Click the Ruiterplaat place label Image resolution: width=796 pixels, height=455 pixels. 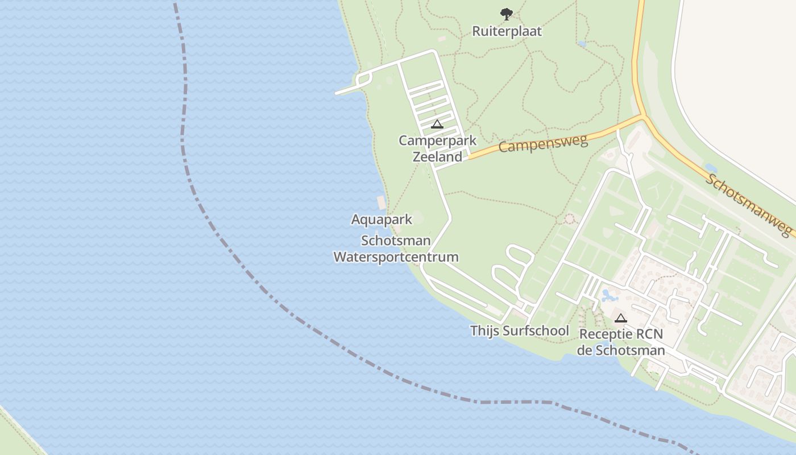pyautogui.click(x=507, y=31)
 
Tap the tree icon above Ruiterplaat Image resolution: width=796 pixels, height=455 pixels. pyautogui.click(x=506, y=14)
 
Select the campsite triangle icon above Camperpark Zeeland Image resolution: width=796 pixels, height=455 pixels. pyautogui.click(x=437, y=124)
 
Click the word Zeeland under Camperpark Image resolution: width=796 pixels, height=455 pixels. pyautogui.click(x=437, y=156)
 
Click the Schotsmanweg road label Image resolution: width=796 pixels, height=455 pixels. pyautogui.click(x=749, y=205)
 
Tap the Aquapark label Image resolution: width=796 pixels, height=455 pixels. pyautogui.click(x=382, y=220)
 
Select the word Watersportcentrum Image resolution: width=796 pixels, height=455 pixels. pyautogui.click(x=396, y=257)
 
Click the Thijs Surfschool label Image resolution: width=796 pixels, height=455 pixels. pyautogui.click(x=519, y=330)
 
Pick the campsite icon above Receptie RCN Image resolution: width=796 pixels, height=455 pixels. pyautogui.click(x=621, y=318)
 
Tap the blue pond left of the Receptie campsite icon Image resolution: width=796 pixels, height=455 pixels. pyautogui.click(x=608, y=296)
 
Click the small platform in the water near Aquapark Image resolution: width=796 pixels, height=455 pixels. pyautogui.click(x=381, y=202)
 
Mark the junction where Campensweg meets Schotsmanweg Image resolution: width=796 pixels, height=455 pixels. pyautogui.click(x=644, y=117)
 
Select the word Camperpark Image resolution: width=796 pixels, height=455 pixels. pyautogui.click(x=437, y=140)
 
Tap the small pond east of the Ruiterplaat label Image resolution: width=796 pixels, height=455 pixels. pyautogui.click(x=581, y=43)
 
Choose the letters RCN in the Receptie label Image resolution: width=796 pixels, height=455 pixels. pyautogui.click(x=648, y=334)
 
